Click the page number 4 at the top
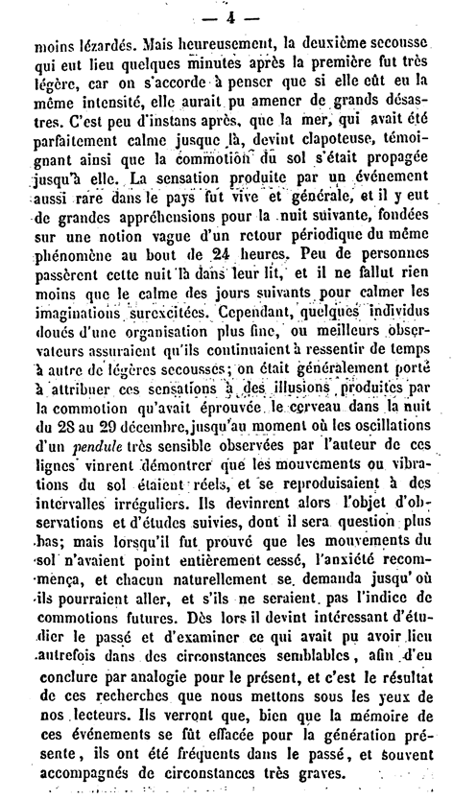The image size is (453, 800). point(226,15)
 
